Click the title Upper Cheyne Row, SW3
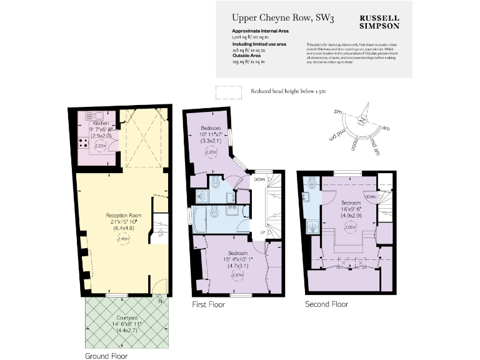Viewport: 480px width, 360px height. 283,19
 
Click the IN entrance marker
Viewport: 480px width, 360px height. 160,301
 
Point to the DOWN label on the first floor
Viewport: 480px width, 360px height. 259,179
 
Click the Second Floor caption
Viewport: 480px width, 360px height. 326,304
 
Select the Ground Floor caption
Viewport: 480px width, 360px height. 106,356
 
